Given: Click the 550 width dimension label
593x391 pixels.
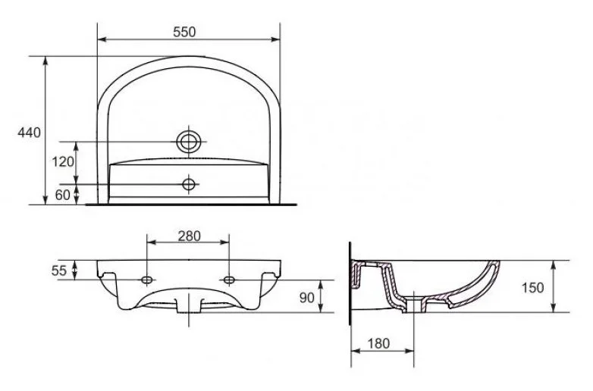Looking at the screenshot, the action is pos(184,32).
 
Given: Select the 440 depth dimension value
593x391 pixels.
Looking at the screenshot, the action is pos(29,133).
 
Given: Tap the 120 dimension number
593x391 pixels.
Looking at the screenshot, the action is pos(63,162).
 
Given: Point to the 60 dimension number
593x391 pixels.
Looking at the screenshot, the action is pos(63,195).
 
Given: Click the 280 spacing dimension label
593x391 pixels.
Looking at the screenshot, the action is pos(189,236).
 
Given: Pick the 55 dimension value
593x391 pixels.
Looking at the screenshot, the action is pos(59,271).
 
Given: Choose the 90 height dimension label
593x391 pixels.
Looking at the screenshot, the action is pos(306,298).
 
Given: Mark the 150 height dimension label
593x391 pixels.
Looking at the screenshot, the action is pos(533,288).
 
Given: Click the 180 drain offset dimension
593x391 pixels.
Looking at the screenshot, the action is pos(378,343).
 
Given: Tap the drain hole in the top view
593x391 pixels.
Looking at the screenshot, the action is pos(188,142).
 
